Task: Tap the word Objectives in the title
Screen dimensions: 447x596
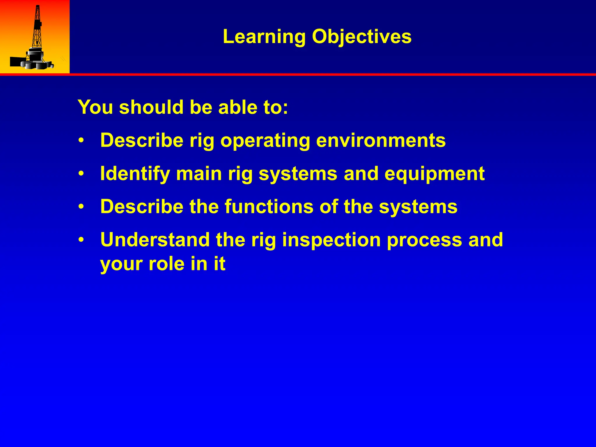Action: [362, 37]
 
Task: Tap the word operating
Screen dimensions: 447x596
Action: [265, 141]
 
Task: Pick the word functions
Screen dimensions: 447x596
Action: [269, 206]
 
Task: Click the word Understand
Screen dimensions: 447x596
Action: [155, 240]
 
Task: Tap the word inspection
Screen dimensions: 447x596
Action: [331, 240]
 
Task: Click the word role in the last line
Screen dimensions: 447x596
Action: [166, 264]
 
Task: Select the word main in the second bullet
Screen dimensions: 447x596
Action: [199, 174]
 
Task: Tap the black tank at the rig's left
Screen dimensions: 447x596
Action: [15, 61]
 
